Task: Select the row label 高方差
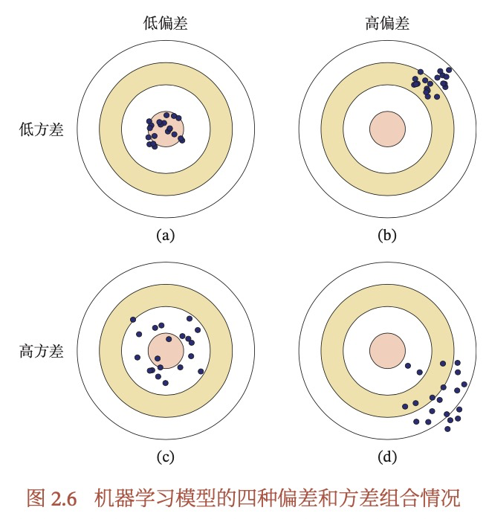coord(42,350)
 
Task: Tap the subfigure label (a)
coord(165,236)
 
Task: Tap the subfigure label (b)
coord(387,236)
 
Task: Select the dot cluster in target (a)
coord(164,128)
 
